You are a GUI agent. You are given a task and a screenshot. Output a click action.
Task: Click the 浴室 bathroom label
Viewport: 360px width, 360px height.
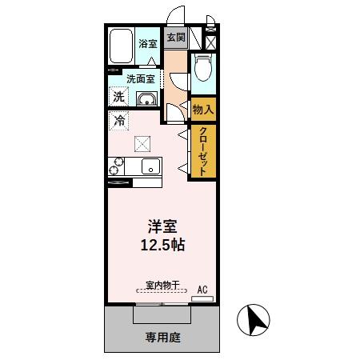point(146,45)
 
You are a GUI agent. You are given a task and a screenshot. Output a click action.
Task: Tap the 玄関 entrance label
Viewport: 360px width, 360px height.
point(175,37)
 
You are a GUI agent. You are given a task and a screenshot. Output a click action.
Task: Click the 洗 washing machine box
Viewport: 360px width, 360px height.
point(118,97)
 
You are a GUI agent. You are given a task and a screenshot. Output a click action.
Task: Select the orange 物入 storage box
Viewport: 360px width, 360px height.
point(203,109)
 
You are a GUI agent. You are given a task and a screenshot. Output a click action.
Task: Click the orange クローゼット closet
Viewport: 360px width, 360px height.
point(203,152)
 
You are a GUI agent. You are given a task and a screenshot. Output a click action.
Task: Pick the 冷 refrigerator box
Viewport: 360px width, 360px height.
point(118,122)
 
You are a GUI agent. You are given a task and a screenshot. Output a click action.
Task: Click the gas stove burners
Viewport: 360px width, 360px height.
point(115,166)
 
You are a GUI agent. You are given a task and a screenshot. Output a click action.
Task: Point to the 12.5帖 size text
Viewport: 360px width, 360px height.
point(161,245)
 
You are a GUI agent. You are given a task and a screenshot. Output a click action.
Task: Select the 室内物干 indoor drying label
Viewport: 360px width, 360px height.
point(161,284)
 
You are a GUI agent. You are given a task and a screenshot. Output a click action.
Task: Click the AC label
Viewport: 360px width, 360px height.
point(202,290)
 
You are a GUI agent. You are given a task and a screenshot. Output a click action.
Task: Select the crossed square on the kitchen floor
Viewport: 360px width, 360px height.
point(142,144)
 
